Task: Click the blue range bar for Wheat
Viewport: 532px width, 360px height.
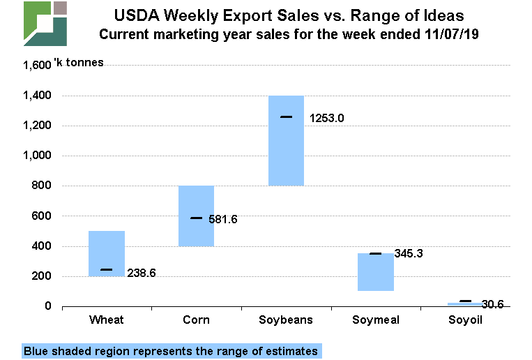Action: [x=107, y=253]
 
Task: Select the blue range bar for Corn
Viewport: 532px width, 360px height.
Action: [x=196, y=216]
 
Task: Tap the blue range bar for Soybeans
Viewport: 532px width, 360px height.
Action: [x=286, y=140]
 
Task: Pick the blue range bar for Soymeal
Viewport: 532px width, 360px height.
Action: [x=376, y=271]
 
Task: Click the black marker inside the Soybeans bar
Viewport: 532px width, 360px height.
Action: [x=286, y=117]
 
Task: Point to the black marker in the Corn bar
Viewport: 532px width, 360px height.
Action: [x=196, y=218]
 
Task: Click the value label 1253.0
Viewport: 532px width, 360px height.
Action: [x=326, y=118]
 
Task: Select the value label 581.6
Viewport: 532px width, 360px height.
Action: [x=223, y=219]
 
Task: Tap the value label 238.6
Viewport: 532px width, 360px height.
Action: [x=141, y=273]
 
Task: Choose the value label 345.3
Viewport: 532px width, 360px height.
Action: [x=409, y=253]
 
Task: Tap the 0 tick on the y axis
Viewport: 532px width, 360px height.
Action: [x=48, y=306]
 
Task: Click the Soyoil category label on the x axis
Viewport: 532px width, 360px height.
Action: [x=465, y=320]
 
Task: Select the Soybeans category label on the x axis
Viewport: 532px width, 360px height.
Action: [x=286, y=320]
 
